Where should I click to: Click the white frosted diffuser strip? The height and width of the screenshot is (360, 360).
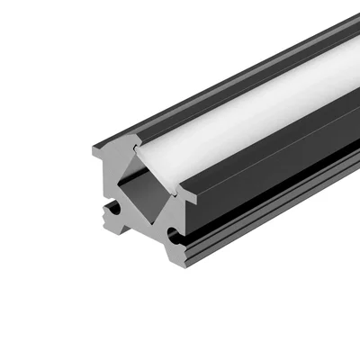(x=243, y=117)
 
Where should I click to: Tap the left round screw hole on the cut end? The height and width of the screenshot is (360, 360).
(x=112, y=209)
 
